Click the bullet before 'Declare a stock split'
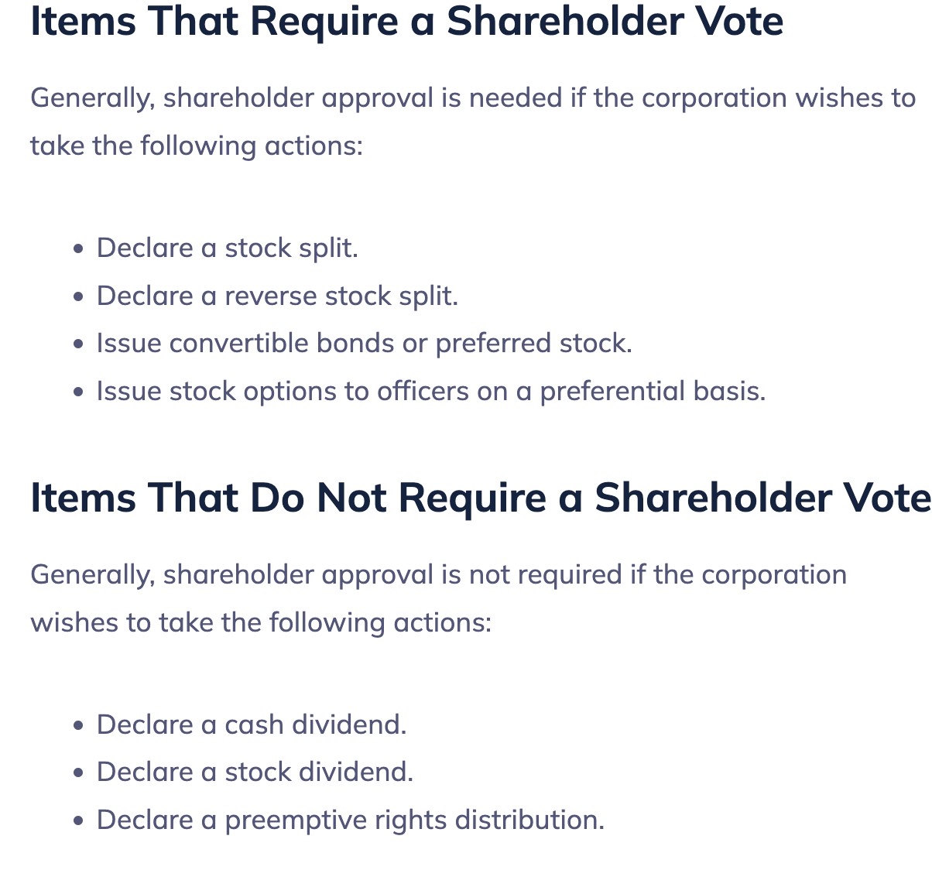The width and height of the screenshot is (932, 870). coord(78,248)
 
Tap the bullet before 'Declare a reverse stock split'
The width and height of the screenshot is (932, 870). coord(78,296)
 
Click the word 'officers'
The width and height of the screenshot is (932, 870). coord(423,391)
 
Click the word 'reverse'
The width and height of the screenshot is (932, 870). coord(271,296)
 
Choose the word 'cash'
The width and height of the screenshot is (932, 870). coord(254,724)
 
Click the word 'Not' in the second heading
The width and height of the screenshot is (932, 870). coord(351,498)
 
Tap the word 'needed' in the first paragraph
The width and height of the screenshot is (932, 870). coord(516,98)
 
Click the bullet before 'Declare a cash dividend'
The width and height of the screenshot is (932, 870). coord(78,725)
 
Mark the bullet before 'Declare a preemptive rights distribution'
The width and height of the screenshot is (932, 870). coord(78,820)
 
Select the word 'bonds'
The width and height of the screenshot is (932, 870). coord(355,343)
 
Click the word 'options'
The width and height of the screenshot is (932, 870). coord(290,392)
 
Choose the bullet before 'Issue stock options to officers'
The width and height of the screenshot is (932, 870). coord(78,392)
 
